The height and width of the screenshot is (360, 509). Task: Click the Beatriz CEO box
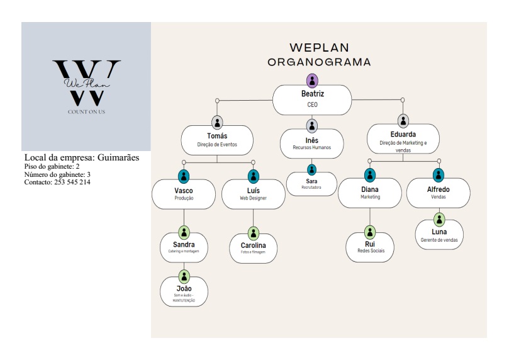pos(312,99)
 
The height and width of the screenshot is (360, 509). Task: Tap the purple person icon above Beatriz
pos(312,81)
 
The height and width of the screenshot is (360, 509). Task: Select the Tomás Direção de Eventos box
pos(217,140)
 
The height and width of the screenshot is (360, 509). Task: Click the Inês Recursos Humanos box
pos(312,143)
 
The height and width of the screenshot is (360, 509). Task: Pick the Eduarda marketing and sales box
pos(403,139)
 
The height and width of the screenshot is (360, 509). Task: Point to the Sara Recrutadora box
pos(311,184)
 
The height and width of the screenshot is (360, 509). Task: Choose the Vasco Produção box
pos(184,194)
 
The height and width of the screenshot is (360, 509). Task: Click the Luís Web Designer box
pos(253,194)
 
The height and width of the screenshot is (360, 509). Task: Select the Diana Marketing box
pos(369,193)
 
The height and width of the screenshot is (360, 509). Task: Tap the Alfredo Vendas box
pos(438,193)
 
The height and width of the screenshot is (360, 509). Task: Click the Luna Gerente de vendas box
pos(439,235)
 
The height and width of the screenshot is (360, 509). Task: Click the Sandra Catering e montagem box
pos(184,247)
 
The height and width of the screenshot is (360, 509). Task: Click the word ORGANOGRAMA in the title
pos(319,62)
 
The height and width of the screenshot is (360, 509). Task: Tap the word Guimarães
pos(118,157)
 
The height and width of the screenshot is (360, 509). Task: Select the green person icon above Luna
pos(439,219)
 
